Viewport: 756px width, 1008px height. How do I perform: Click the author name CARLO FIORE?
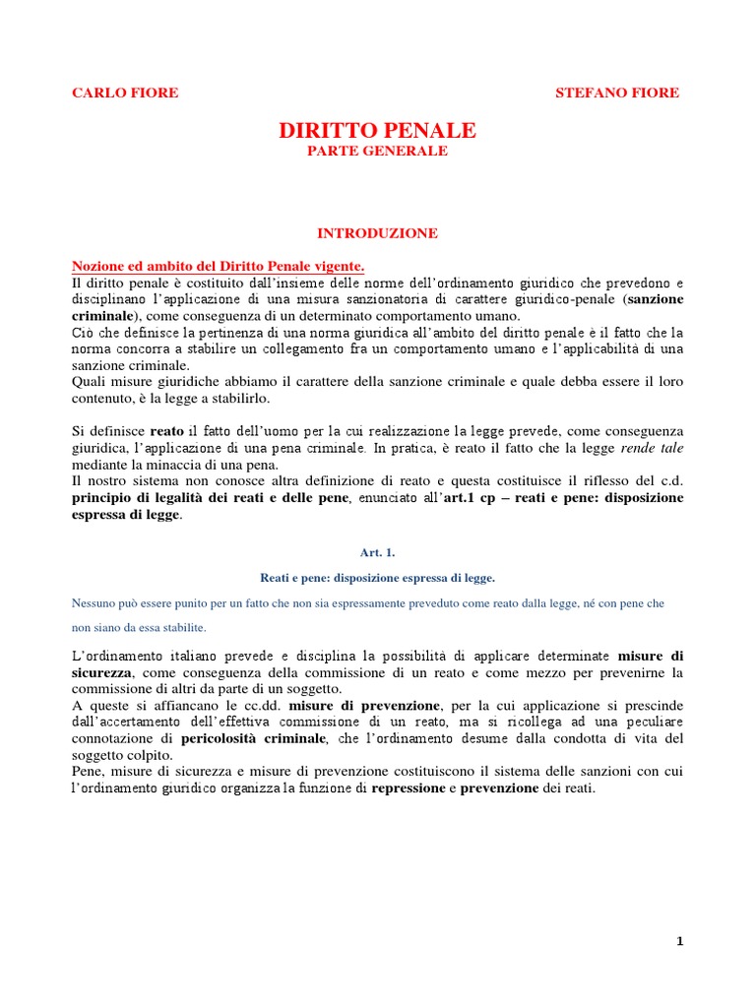(x=125, y=93)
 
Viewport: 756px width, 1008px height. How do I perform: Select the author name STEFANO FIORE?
(x=617, y=93)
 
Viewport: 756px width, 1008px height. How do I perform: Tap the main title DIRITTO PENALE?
(x=377, y=130)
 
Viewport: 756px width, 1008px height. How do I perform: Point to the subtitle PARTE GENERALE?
(x=377, y=151)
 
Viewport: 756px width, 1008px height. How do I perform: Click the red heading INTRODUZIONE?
(x=377, y=233)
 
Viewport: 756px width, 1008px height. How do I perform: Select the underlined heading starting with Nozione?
(x=219, y=266)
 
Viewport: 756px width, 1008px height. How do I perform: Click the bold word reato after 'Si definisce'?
(x=166, y=431)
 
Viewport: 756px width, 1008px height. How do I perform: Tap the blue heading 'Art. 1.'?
(x=377, y=554)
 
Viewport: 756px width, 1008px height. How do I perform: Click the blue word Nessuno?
(x=96, y=603)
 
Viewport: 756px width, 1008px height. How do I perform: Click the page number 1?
(x=679, y=941)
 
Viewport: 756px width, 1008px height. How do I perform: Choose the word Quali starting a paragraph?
(x=91, y=381)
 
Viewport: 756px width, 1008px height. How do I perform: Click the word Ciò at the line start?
(x=84, y=333)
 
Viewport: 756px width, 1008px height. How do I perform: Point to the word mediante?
(x=102, y=465)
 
